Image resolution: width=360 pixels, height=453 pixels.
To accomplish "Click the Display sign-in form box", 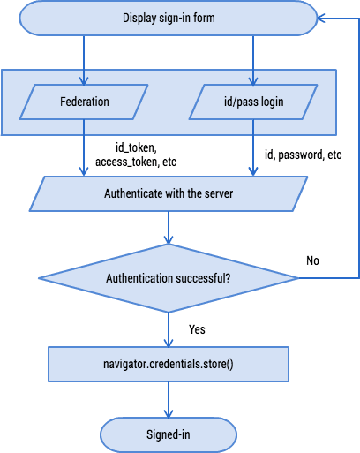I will pos(167,17).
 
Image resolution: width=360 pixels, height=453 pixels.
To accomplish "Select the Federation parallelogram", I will pos(85,102).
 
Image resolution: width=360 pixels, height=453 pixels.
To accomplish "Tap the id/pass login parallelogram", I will pos(253,102).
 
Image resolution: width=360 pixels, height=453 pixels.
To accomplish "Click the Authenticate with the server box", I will pos(168,193).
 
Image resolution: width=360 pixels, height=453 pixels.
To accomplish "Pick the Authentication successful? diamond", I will pos(167,278).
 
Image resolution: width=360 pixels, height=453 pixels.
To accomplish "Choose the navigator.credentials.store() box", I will pos(167,363).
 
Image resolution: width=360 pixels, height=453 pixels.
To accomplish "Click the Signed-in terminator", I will pos(167,434).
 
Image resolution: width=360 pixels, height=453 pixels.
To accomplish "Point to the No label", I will pos(312,260).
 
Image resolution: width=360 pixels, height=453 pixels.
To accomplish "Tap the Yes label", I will pos(198,329).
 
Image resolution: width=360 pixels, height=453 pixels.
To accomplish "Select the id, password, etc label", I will pos(303,154).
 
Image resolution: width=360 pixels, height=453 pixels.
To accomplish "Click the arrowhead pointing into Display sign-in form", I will pos(323,17).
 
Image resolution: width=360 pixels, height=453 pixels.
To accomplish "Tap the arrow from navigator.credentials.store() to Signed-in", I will pos(168,399).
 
